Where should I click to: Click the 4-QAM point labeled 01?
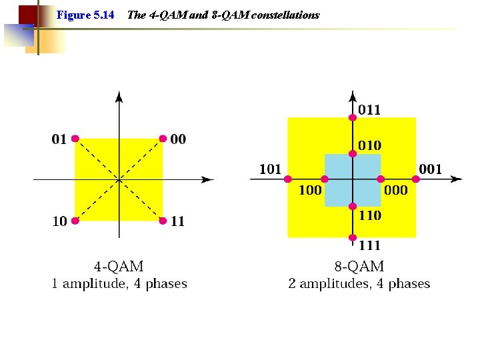pos(75,139)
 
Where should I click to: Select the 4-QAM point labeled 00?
pos(163,139)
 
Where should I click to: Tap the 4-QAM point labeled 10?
pos(75,221)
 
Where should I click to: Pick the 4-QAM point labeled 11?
pos(163,221)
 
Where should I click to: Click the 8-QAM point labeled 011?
pos(353,117)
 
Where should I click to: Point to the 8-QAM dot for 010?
pos(353,153)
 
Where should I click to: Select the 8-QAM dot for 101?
pos(288,179)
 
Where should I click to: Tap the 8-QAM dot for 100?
pos(325,179)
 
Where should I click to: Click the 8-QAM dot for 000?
pos(381,179)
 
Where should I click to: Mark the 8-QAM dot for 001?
pos(416,179)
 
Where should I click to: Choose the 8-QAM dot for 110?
pos(353,206)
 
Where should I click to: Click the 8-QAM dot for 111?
pos(353,237)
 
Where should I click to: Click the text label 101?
pos(270,169)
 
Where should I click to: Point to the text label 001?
pos(430,169)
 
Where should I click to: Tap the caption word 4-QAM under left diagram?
pos(119,267)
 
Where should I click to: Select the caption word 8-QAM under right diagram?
pos(359,267)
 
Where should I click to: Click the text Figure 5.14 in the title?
pos(85,15)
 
